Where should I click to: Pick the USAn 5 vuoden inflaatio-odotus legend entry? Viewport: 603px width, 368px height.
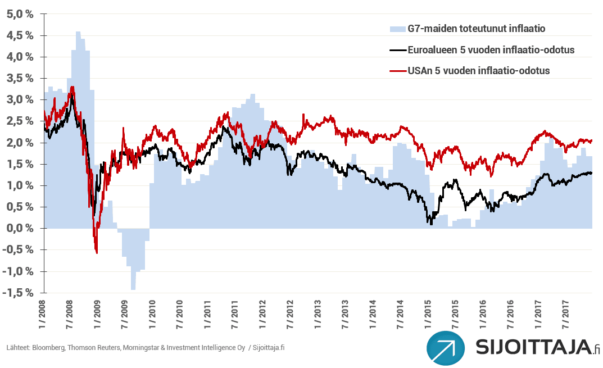coord(478,71)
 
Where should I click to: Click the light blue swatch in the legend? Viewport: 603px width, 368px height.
coord(397,28)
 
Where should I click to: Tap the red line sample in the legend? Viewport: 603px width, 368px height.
coord(397,71)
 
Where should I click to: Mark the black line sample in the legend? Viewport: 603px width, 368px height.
coord(397,49)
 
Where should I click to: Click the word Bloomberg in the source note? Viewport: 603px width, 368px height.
coord(48,348)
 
